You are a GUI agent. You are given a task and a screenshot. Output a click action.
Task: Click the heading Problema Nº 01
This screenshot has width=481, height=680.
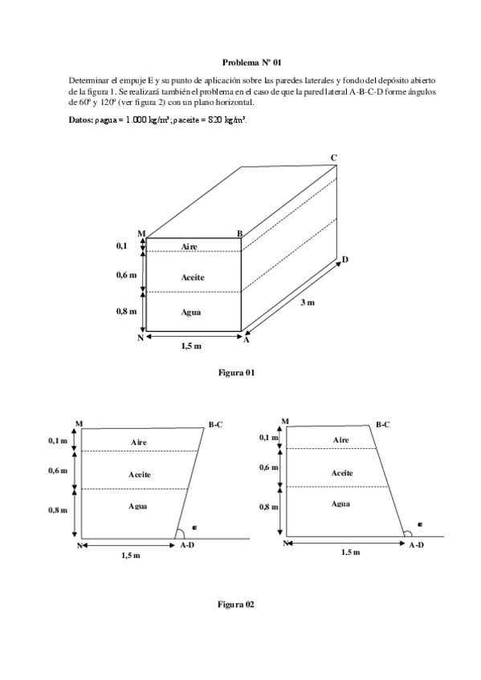251,62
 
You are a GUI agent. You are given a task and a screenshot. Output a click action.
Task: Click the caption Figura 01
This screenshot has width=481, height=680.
236,373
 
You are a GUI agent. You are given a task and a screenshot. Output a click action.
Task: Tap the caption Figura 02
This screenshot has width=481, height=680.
236,604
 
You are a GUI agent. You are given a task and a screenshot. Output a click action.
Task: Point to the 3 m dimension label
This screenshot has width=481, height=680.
307,303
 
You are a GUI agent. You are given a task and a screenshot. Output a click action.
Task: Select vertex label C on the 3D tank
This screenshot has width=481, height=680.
333,158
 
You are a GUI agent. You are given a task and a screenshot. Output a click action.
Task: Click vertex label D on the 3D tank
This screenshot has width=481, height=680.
345,259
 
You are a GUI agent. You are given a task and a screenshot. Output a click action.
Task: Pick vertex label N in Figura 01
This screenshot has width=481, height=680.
140,338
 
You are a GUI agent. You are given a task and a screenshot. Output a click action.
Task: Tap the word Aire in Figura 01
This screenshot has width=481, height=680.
190,246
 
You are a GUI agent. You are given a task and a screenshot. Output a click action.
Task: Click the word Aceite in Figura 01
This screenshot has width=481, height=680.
193,277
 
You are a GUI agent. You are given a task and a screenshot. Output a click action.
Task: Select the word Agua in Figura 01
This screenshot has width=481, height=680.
190,312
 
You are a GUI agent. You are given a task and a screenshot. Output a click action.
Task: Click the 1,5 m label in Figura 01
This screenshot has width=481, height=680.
191,346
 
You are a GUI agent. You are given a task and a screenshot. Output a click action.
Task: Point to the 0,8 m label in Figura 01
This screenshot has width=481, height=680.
126,311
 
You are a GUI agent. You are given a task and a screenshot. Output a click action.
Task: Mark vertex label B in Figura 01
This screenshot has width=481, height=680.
239,233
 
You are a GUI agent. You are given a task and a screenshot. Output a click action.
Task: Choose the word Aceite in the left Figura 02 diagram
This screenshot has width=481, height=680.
140,475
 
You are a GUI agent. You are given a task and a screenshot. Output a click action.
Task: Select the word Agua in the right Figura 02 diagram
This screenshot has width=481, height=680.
340,504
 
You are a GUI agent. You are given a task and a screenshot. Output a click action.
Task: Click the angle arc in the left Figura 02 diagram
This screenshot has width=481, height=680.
181,532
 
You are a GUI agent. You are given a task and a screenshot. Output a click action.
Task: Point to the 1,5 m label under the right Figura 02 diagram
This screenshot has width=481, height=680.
350,552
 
